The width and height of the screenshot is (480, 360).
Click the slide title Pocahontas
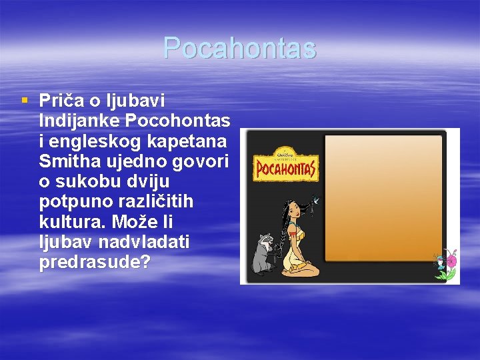(x=239, y=49)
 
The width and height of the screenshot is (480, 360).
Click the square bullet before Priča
(x=25, y=101)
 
